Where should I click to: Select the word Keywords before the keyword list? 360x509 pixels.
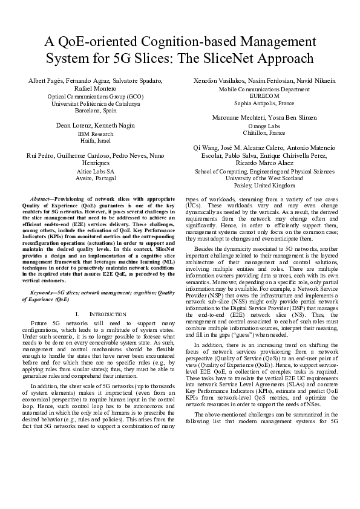tap(42, 293)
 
